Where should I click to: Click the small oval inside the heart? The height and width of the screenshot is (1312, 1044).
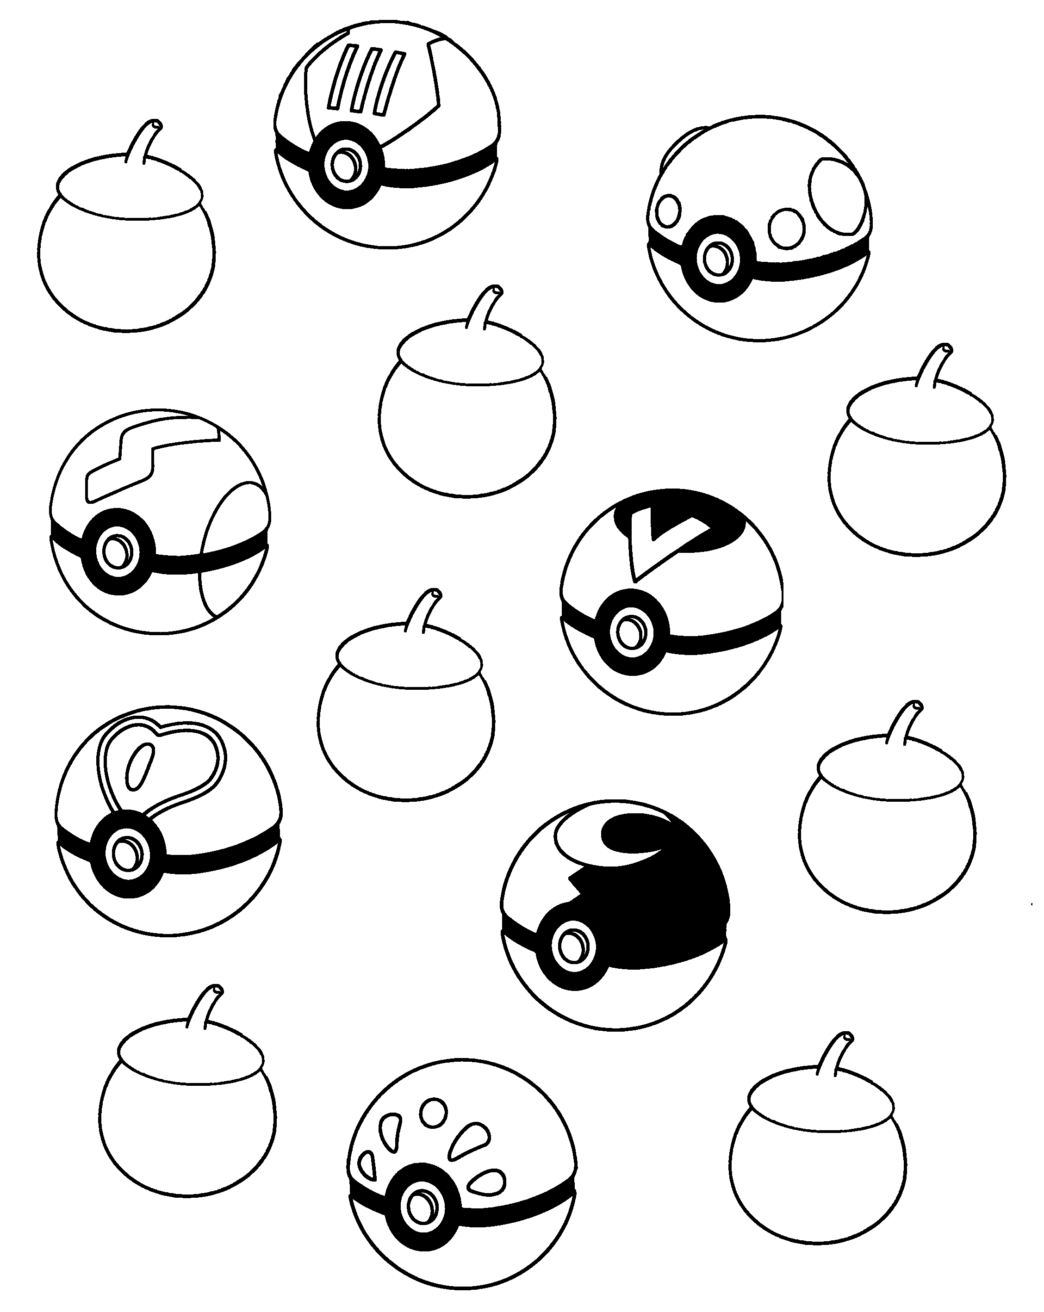point(139,766)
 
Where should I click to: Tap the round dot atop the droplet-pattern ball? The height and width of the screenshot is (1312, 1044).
point(432,1111)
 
